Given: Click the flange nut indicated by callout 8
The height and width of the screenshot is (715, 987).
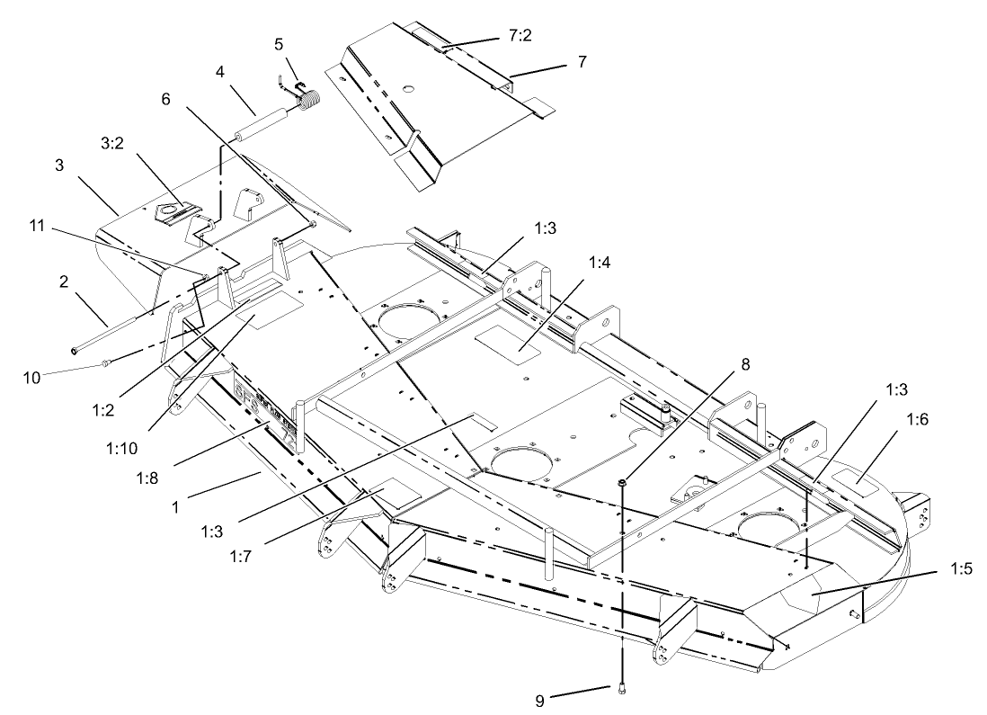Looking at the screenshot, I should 621,485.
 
